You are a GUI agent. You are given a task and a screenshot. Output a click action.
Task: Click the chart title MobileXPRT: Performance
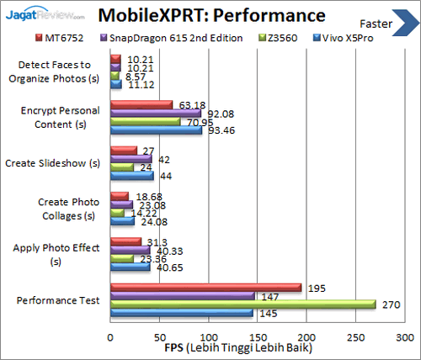coord(209,15)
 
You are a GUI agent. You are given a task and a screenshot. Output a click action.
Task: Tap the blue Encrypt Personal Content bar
coord(156,130)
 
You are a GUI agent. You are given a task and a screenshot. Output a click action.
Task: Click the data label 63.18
coord(188,104)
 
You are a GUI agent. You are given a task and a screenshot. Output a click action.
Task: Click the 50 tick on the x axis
coord(159,334)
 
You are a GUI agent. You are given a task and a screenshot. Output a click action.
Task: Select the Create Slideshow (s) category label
coord(53,162)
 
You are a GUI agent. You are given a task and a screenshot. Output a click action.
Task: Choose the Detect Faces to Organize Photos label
coord(53,71)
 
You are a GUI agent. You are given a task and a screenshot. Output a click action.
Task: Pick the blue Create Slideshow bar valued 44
coord(131,176)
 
